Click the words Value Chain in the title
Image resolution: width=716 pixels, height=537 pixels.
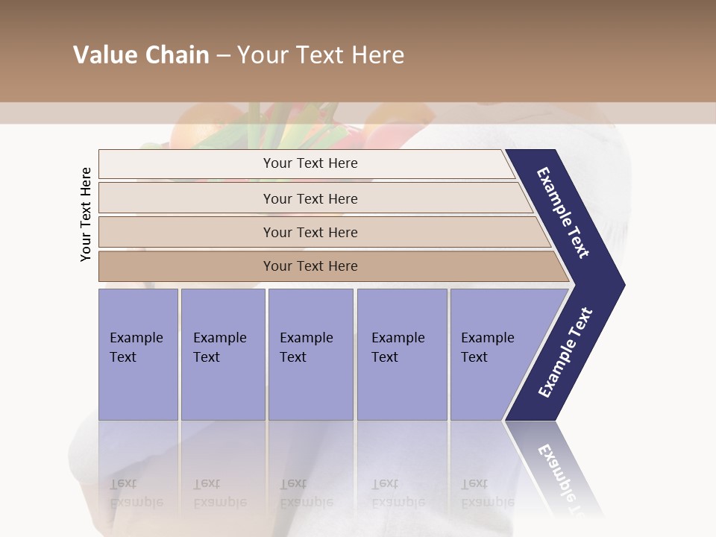141,55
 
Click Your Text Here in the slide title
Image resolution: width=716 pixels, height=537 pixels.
321,55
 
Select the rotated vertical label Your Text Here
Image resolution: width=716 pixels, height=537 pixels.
86,214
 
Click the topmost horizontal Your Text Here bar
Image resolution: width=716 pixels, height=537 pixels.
310,163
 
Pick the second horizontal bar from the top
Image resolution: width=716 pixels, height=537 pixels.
310,198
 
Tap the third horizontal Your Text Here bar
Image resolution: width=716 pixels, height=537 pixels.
310,232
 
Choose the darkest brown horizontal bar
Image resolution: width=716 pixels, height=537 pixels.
310,266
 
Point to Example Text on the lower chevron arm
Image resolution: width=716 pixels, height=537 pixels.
565,353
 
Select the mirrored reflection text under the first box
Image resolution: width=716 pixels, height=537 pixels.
136,493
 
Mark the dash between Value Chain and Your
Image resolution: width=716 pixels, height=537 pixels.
223,56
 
